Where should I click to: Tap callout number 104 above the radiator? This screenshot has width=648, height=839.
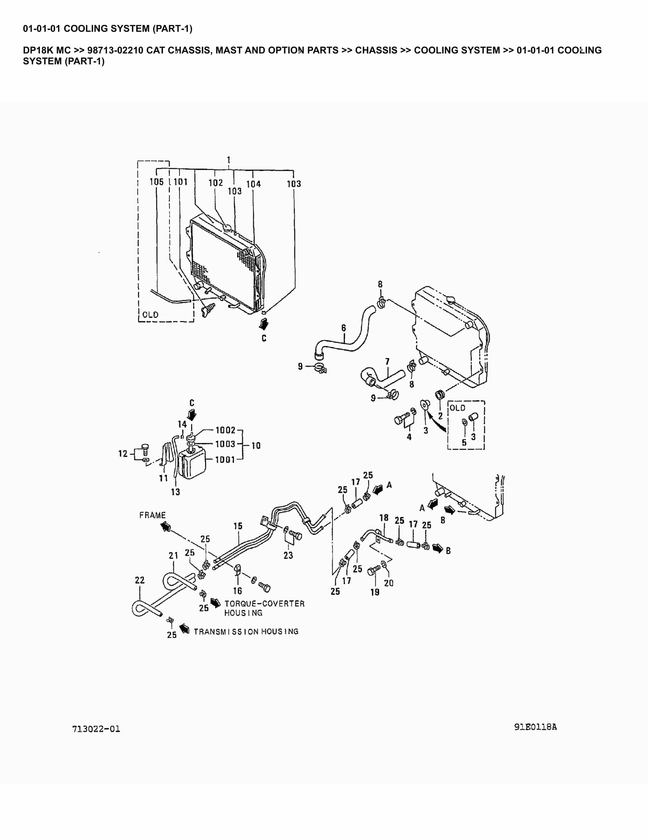[253, 184]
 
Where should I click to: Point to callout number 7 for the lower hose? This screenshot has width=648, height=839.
[387, 362]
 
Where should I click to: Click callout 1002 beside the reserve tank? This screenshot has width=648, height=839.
[225, 430]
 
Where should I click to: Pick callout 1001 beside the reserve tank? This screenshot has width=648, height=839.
[225, 459]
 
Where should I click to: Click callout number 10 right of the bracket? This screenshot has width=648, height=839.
[256, 446]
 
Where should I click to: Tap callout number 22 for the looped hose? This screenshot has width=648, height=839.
[140, 580]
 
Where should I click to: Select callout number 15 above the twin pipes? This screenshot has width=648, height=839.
[238, 526]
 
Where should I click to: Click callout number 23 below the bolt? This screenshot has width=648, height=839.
[288, 555]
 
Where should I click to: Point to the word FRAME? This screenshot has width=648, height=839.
[152, 515]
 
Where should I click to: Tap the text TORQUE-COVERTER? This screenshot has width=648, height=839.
[264, 604]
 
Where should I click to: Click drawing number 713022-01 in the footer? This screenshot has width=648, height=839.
[96, 729]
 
